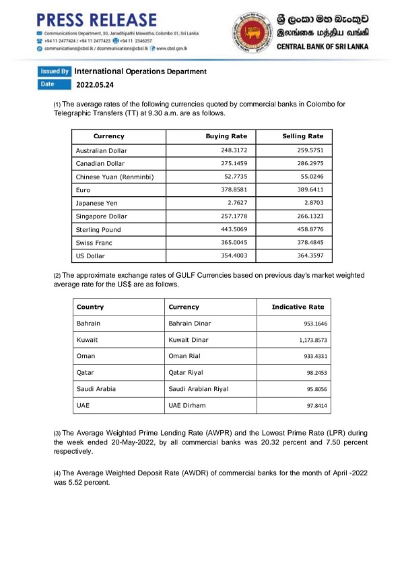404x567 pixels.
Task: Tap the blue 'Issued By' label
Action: (x=55, y=71)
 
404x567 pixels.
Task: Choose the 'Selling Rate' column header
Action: (x=303, y=137)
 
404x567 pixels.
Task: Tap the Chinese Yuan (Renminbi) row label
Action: (x=115, y=177)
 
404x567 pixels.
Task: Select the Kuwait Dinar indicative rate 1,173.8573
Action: (x=306, y=341)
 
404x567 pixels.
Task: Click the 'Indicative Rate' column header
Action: (x=298, y=307)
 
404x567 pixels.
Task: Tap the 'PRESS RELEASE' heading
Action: (x=97, y=20)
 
